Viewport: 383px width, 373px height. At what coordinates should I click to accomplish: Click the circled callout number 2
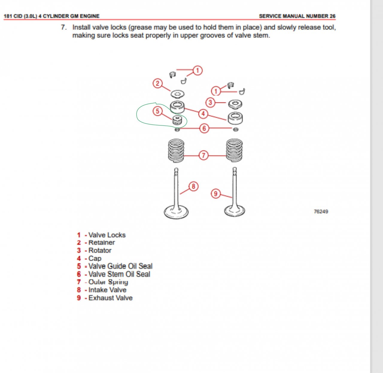[x=157, y=84]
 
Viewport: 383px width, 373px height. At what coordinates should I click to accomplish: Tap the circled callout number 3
[x=210, y=102]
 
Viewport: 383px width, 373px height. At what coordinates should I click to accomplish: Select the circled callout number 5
[x=157, y=111]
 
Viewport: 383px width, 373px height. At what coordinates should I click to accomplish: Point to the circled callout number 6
[x=204, y=128]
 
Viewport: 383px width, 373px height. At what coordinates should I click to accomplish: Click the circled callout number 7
[x=203, y=155]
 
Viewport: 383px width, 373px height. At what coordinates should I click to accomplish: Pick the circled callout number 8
[x=193, y=186]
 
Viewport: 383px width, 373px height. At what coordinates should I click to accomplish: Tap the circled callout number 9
[x=216, y=194]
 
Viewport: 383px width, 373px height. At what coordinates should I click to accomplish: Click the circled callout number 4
[x=203, y=114]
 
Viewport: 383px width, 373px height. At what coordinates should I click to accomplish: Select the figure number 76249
[x=321, y=212]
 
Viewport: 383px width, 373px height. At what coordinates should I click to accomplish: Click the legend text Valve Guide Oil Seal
[x=121, y=266]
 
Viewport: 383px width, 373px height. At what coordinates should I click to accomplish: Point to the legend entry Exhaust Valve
[x=110, y=298]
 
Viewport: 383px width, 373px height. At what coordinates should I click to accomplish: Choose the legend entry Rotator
[x=100, y=251]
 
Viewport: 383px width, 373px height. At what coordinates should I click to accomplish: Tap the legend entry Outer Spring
[x=108, y=282]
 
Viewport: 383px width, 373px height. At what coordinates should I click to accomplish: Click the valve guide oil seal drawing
[x=177, y=120]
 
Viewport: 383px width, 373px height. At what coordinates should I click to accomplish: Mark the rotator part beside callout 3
[x=235, y=104]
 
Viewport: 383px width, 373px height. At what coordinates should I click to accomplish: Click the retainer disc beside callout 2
[x=177, y=94]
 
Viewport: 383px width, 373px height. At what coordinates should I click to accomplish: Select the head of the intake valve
[x=176, y=212]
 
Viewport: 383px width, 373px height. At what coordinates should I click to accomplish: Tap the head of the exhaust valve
[x=235, y=211]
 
